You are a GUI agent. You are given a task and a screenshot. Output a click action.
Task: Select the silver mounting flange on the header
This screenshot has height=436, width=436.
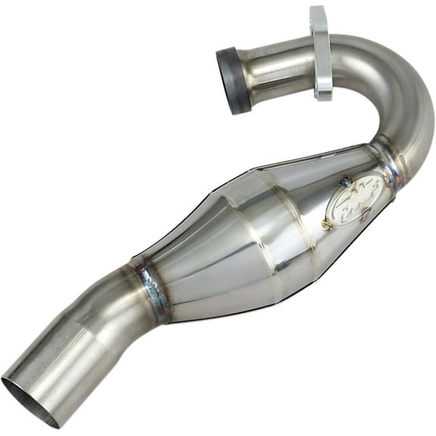pos(320,53)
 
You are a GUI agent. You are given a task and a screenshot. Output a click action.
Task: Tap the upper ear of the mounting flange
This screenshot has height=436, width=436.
pos(317,15)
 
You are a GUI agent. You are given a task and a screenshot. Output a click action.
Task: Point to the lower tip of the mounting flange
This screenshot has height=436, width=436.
pos(323,95)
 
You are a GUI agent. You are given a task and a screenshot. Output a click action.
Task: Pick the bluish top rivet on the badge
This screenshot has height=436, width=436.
pos(344,181)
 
